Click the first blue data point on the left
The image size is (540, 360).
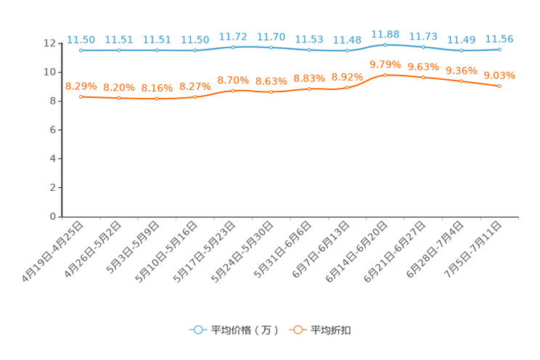click(x=81, y=51)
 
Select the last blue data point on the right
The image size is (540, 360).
click(x=499, y=49)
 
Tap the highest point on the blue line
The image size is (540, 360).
click(x=385, y=44)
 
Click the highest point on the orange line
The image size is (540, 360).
click(x=385, y=75)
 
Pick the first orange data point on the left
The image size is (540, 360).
click(x=81, y=97)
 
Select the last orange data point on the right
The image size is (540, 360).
click(x=499, y=86)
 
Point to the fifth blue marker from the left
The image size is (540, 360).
click(x=233, y=47)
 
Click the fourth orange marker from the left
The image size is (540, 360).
click(x=195, y=97)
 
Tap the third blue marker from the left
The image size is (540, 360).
click(x=157, y=51)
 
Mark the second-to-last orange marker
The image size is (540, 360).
click(x=461, y=81)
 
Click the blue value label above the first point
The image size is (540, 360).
click(x=81, y=39)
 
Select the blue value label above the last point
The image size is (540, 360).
click(x=499, y=38)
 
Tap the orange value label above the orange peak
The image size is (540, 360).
click(x=385, y=64)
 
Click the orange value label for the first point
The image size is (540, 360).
click(x=81, y=86)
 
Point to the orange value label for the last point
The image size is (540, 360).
click(x=499, y=74)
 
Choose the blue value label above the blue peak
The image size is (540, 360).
click(x=385, y=33)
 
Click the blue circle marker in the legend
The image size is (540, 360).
click(x=197, y=330)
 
